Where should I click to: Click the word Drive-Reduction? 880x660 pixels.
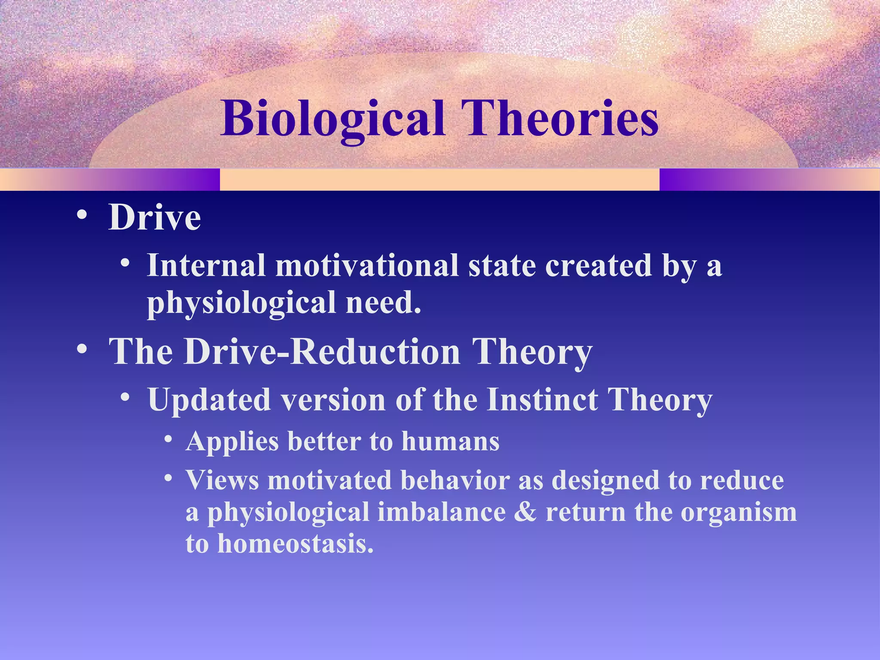[x=322, y=352]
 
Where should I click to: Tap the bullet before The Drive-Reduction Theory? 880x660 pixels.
[x=81, y=349]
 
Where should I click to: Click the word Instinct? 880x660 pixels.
[x=542, y=400]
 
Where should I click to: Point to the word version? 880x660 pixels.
[x=333, y=400]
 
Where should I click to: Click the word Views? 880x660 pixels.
[x=222, y=480]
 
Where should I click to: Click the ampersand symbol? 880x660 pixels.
[x=525, y=512]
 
